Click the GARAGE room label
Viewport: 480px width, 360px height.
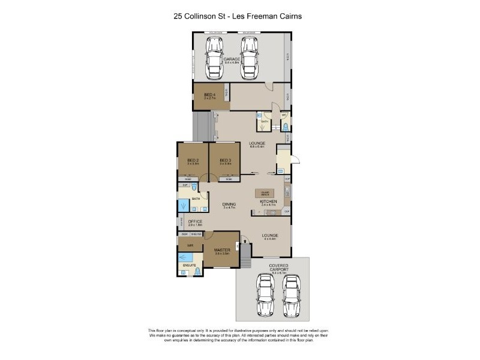pyautogui.click(x=232, y=59)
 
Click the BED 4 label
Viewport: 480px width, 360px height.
pyautogui.click(x=209, y=95)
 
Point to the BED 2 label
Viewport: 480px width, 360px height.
pyautogui.click(x=193, y=160)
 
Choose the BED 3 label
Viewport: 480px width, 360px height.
pyautogui.click(x=225, y=160)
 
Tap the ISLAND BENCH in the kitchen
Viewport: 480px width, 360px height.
pyautogui.click(x=264, y=193)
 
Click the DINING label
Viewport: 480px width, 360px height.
pyautogui.click(x=229, y=204)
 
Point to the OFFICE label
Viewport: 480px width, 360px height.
pyautogui.click(x=195, y=222)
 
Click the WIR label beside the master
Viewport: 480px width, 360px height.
pyautogui.click(x=190, y=245)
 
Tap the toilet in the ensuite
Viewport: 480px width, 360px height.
pyautogui.click(x=197, y=271)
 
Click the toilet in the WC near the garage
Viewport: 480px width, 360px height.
pyautogui.click(x=285, y=127)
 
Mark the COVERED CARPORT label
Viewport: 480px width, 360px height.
pyautogui.click(x=279, y=268)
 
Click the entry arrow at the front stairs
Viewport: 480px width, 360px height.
pyautogui.click(x=244, y=238)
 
